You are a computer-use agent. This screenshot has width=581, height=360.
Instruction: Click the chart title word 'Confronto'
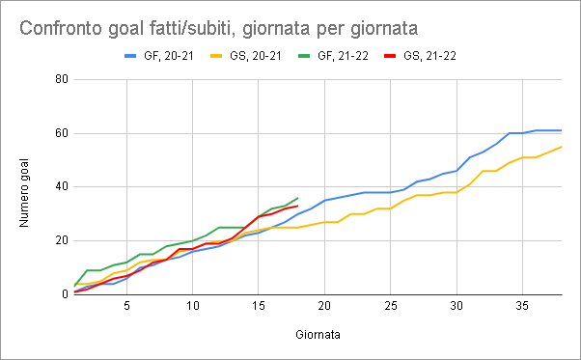(61, 29)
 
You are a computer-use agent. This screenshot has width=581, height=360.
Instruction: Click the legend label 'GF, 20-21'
(169, 56)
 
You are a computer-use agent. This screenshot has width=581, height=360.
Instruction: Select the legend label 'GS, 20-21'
(256, 56)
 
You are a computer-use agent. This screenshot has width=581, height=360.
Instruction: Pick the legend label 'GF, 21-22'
(343, 56)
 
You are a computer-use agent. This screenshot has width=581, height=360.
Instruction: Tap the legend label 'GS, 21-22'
(429, 56)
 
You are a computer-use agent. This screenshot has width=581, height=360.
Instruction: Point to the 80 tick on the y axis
(62, 79)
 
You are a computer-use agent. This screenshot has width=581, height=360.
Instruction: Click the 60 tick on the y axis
(62, 133)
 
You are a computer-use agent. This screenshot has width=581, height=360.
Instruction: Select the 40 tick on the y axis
(62, 186)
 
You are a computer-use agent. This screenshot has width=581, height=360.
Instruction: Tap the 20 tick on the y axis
(62, 240)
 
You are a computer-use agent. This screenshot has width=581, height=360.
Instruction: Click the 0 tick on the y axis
(66, 294)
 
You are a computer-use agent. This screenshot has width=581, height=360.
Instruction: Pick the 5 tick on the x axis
(126, 306)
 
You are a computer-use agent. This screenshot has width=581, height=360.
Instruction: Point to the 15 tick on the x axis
(259, 306)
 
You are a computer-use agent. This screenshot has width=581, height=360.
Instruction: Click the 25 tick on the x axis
(391, 306)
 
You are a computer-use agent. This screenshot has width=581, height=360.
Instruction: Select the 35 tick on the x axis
(522, 306)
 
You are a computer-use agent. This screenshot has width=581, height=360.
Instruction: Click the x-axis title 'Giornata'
(318, 335)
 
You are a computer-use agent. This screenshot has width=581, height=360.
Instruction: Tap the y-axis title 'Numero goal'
(24, 193)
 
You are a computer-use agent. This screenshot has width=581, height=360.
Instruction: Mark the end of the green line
(298, 198)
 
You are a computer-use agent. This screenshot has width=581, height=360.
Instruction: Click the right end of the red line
(298, 206)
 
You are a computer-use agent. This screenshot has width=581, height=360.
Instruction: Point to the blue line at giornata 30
(456, 171)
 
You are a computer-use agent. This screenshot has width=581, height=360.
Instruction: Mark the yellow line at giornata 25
(391, 208)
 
